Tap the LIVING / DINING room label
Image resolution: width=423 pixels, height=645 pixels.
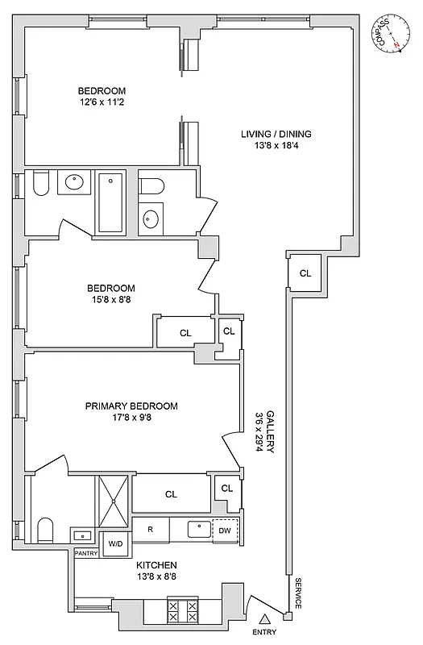[x=276, y=134]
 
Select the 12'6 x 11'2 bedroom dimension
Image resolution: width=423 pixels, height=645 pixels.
[x=102, y=103]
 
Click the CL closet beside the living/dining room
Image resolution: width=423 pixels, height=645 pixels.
[x=305, y=273]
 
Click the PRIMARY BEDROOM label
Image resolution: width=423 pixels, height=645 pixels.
[x=131, y=406]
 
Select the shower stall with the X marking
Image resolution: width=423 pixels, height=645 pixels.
[x=113, y=501]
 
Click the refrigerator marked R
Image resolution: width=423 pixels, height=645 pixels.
[x=149, y=529]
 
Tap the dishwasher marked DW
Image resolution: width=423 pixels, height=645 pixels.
[x=226, y=529]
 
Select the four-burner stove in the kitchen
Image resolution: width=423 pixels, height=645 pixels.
[x=182, y=610]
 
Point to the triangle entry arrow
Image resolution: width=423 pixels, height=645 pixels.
[x=263, y=619]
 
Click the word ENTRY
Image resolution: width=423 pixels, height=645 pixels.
[x=263, y=633]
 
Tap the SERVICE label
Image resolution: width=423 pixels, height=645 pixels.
[x=297, y=593]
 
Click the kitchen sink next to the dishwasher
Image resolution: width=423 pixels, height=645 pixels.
[x=198, y=529]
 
